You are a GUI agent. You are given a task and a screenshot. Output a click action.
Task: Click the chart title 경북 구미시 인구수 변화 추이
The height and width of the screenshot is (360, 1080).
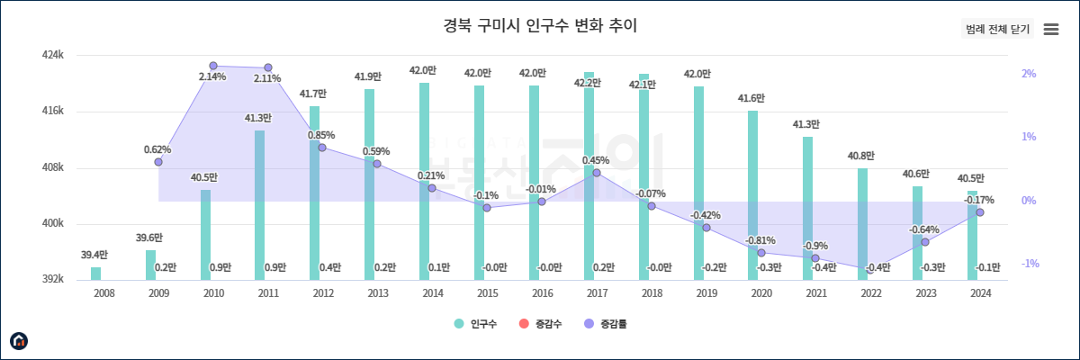click(x=540, y=25)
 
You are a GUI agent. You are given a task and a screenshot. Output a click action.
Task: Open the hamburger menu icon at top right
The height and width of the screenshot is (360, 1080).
click(x=1050, y=29)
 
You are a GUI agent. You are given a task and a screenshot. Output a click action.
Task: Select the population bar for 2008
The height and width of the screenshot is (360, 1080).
click(x=96, y=274)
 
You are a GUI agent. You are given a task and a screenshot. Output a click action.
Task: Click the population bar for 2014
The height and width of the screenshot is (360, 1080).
click(x=424, y=180)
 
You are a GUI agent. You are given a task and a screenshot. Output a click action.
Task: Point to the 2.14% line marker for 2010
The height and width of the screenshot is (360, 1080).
click(x=213, y=66)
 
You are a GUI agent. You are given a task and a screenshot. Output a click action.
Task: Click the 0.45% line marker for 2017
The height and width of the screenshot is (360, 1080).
click(x=597, y=173)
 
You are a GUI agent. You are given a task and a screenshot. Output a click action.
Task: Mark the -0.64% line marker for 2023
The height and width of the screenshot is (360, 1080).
click(x=925, y=242)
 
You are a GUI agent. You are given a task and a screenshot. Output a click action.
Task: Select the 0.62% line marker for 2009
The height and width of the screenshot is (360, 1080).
click(x=158, y=162)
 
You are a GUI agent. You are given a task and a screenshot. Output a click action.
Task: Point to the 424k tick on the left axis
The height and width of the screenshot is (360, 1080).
click(x=53, y=55)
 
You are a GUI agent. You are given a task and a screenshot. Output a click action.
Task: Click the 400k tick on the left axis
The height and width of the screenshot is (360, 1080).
click(x=53, y=223)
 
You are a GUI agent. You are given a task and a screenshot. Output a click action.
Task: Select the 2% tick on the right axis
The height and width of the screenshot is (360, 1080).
click(x=1029, y=74)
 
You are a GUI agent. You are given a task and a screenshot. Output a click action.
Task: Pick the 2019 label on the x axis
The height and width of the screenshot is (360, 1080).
click(x=706, y=293)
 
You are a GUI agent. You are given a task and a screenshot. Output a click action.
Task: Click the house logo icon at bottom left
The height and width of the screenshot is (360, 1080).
click(x=19, y=340)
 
